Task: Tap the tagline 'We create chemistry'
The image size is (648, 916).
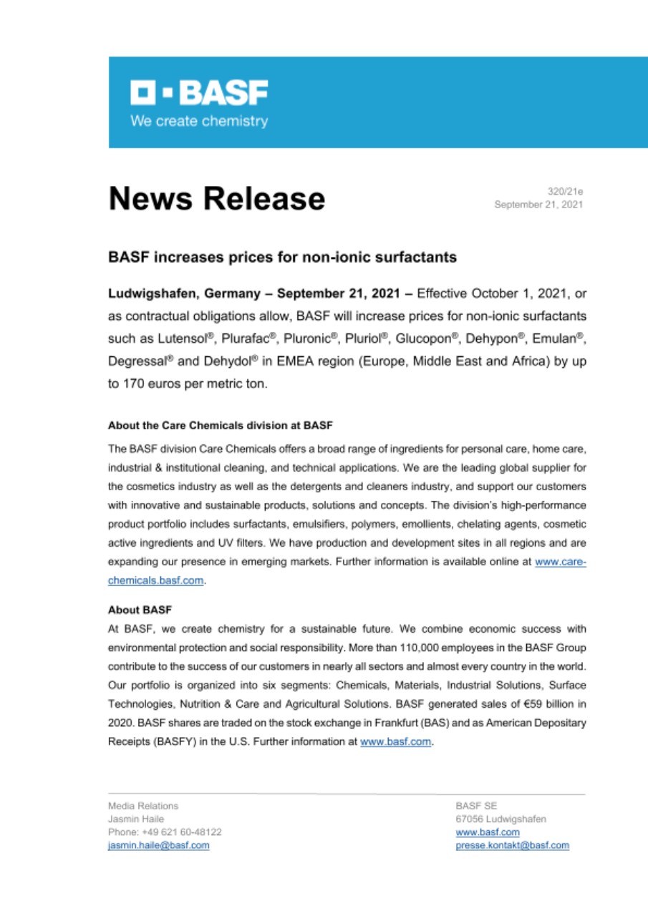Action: pos(198,121)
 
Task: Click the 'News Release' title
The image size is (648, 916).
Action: pos(216,198)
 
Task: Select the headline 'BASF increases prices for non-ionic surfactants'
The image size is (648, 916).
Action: pos(282,256)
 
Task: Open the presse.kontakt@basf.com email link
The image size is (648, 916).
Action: pos(512,845)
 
